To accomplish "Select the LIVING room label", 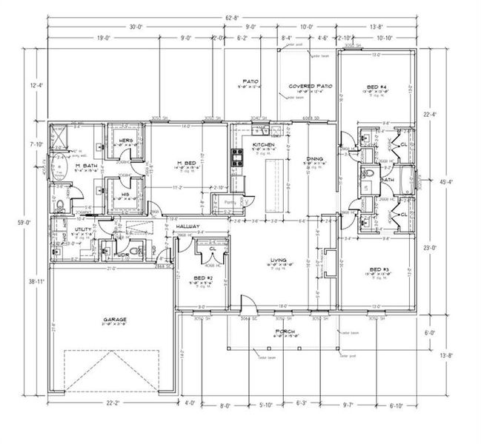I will (x=279, y=260).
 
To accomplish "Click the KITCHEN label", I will (x=264, y=144).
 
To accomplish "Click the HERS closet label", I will (x=126, y=140).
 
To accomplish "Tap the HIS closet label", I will (x=125, y=195).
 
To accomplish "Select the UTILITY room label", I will (x=83, y=230).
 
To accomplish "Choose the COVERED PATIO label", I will (x=310, y=86).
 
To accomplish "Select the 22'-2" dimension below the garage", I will (x=113, y=403).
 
